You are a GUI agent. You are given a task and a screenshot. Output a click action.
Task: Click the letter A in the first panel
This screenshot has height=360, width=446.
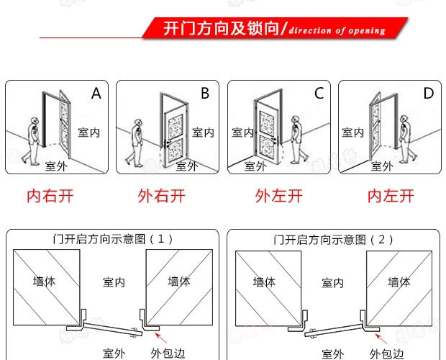coord(96,94)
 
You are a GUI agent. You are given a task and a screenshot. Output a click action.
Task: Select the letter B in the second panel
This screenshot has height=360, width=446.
coord(205,94)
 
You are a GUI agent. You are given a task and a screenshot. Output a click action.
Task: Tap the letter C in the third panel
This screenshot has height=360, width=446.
coord(319,94)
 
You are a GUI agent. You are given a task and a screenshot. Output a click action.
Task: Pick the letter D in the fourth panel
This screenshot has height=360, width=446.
coord(429,94)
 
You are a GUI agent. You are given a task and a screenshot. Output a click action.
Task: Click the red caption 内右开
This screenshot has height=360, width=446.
coord(50,195)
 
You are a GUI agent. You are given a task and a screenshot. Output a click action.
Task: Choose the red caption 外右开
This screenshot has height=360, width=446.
coord(161,195)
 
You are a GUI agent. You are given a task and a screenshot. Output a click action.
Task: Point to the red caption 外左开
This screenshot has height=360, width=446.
coord(279,195)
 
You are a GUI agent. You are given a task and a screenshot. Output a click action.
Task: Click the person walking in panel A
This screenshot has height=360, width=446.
coord(33,141)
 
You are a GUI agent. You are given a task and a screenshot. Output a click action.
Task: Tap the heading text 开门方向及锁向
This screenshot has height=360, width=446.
coord(223,30)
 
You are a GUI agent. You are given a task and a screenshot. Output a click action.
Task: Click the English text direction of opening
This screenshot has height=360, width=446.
coord(337,31)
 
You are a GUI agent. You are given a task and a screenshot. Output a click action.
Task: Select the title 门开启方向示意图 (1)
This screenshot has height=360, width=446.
coord(113,238)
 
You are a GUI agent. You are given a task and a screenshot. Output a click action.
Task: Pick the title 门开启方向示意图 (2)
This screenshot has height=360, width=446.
coord(333,238)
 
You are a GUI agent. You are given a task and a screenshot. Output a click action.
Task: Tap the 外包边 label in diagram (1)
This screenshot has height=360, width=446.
coord(168,353)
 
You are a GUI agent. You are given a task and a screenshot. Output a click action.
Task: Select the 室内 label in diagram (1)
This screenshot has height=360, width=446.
coord(114,282)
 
